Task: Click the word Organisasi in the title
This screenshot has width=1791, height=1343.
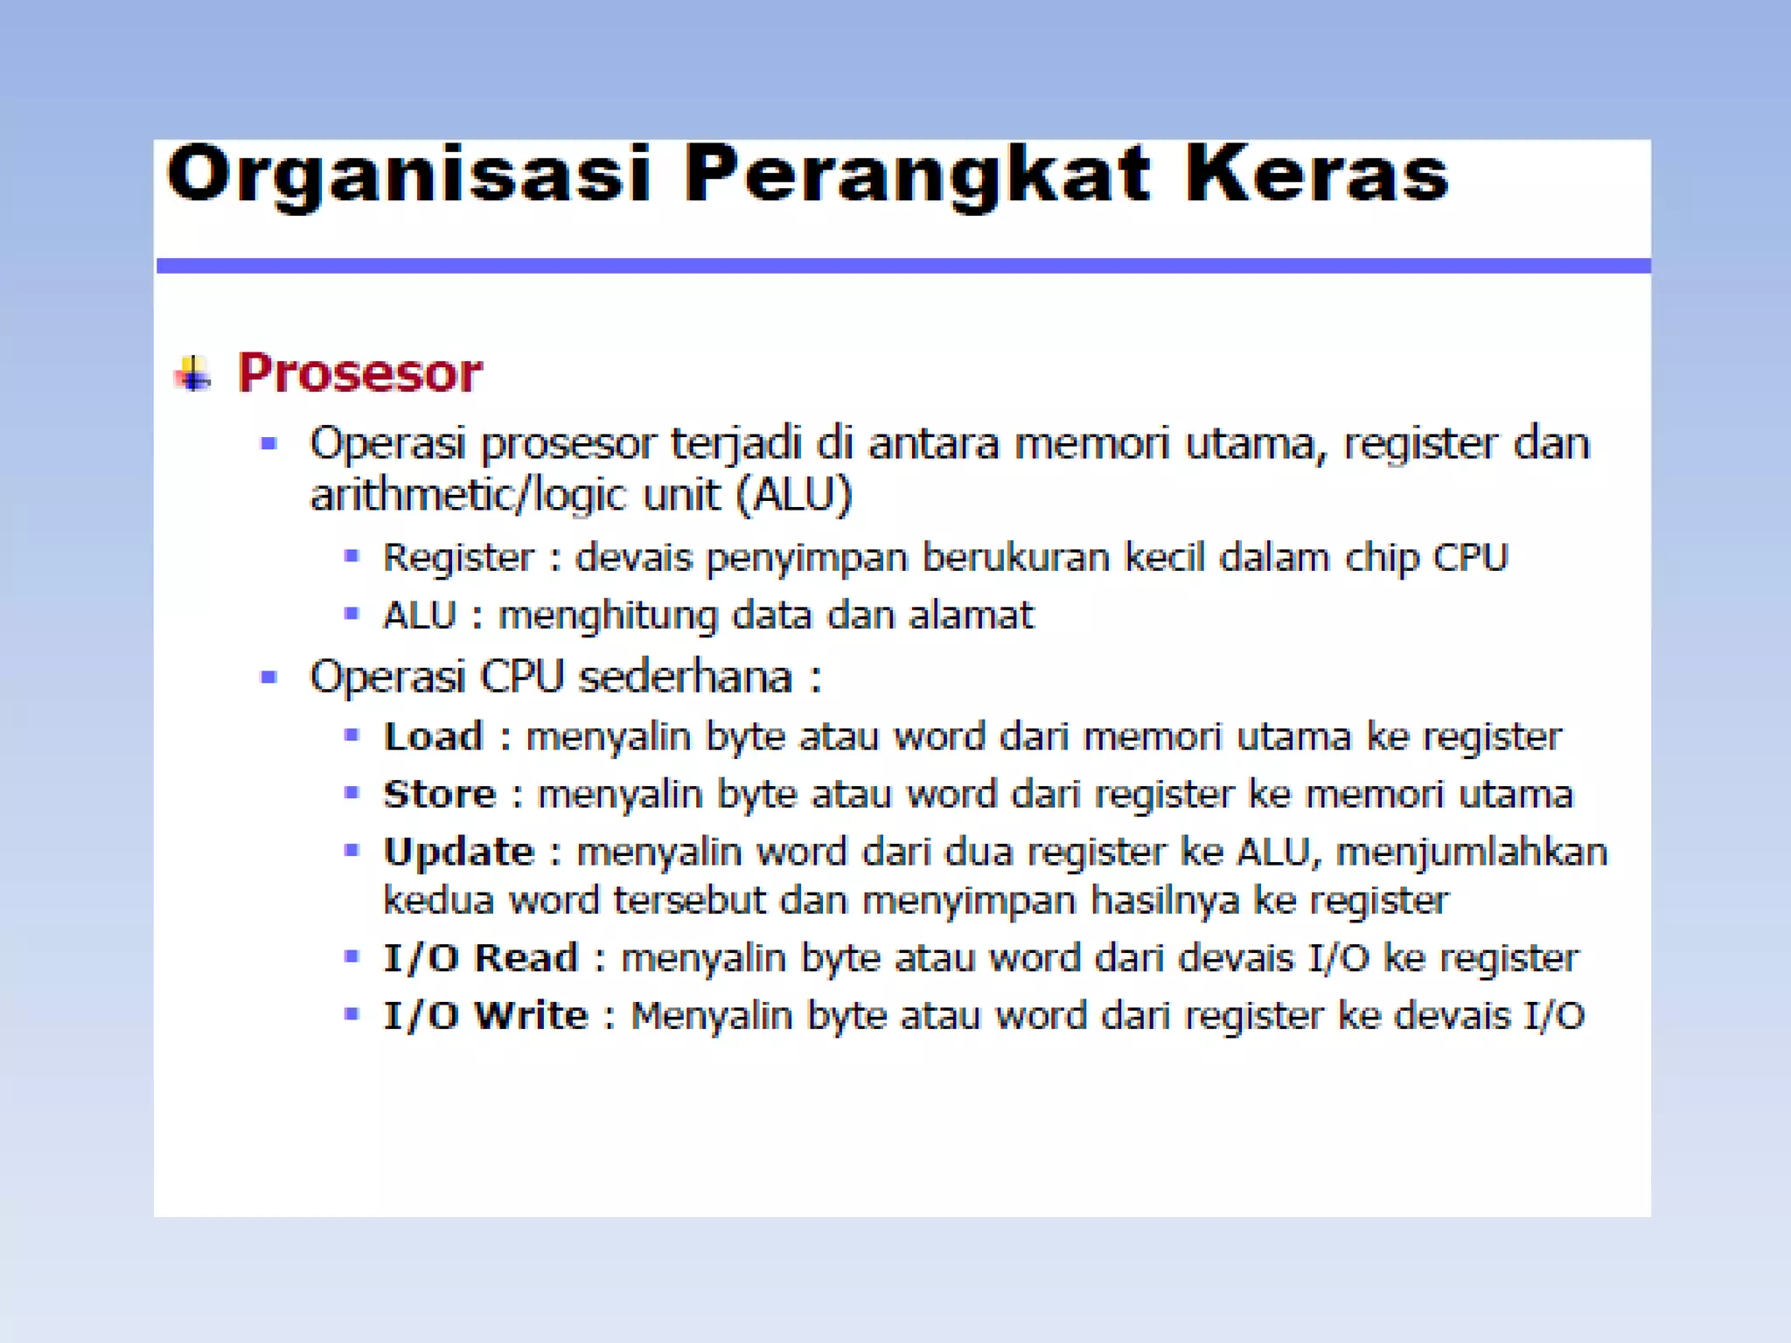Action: point(408,175)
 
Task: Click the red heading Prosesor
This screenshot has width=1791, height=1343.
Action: point(359,373)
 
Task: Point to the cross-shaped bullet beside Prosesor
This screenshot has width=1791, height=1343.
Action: point(193,374)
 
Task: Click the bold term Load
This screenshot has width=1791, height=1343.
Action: point(434,737)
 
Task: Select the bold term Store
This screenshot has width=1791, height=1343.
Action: point(440,795)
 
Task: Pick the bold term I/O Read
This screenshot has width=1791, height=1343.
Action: point(481,958)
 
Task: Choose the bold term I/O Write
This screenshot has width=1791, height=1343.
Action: point(486,1016)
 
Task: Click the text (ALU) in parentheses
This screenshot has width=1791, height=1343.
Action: point(793,496)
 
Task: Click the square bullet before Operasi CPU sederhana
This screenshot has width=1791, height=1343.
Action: point(268,677)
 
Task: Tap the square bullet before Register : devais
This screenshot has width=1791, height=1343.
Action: point(352,556)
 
